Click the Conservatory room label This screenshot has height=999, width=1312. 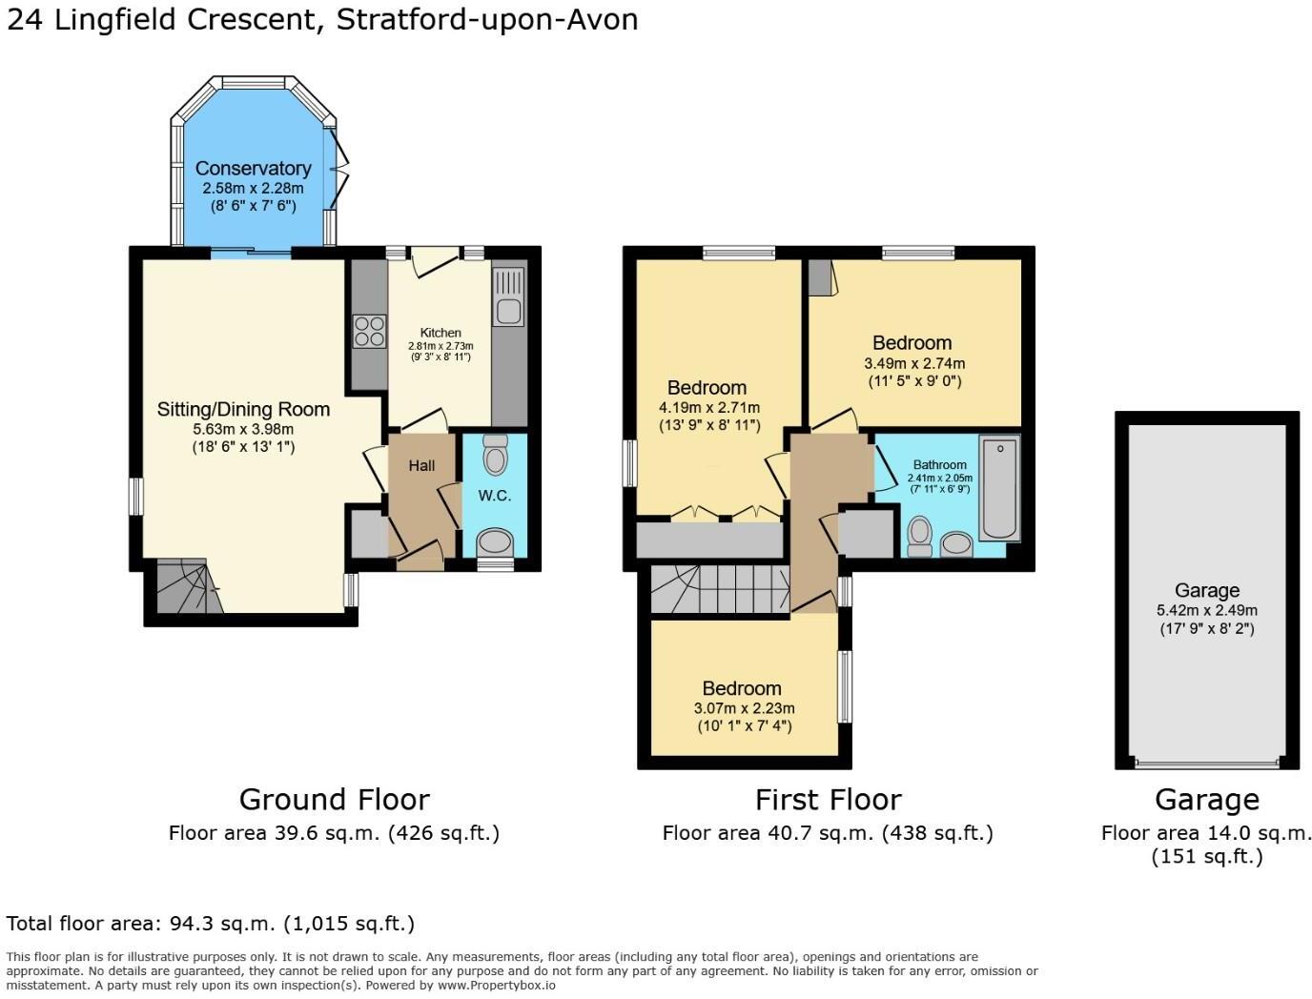[x=253, y=169]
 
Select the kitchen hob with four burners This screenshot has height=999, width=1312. [x=369, y=331]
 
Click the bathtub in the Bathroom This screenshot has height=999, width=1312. [x=999, y=487]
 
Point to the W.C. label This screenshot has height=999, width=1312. [x=494, y=496]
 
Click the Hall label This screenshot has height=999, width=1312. [x=421, y=465]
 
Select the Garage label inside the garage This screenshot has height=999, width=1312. [x=1206, y=590]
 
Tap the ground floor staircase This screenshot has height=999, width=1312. [x=184, y=586]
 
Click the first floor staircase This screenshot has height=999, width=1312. [x=721, y=588]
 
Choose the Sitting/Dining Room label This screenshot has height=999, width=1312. [x=243, y=409]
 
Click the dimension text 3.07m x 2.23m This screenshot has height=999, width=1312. [x=744, y=708]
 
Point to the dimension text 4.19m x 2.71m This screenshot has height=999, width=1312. [x=708, y=407]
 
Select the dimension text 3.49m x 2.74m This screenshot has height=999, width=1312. [x=913, y=363]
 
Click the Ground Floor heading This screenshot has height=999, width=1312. [x=334, y=799]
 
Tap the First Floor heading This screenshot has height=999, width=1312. [x=828, y=799]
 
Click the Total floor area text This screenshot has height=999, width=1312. [x=210, y=923]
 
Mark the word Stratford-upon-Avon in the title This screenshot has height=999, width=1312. [x=487, y=19]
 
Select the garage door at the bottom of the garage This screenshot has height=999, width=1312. [x=1206, y=763]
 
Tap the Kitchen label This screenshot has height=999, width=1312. [x=441, y=333]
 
